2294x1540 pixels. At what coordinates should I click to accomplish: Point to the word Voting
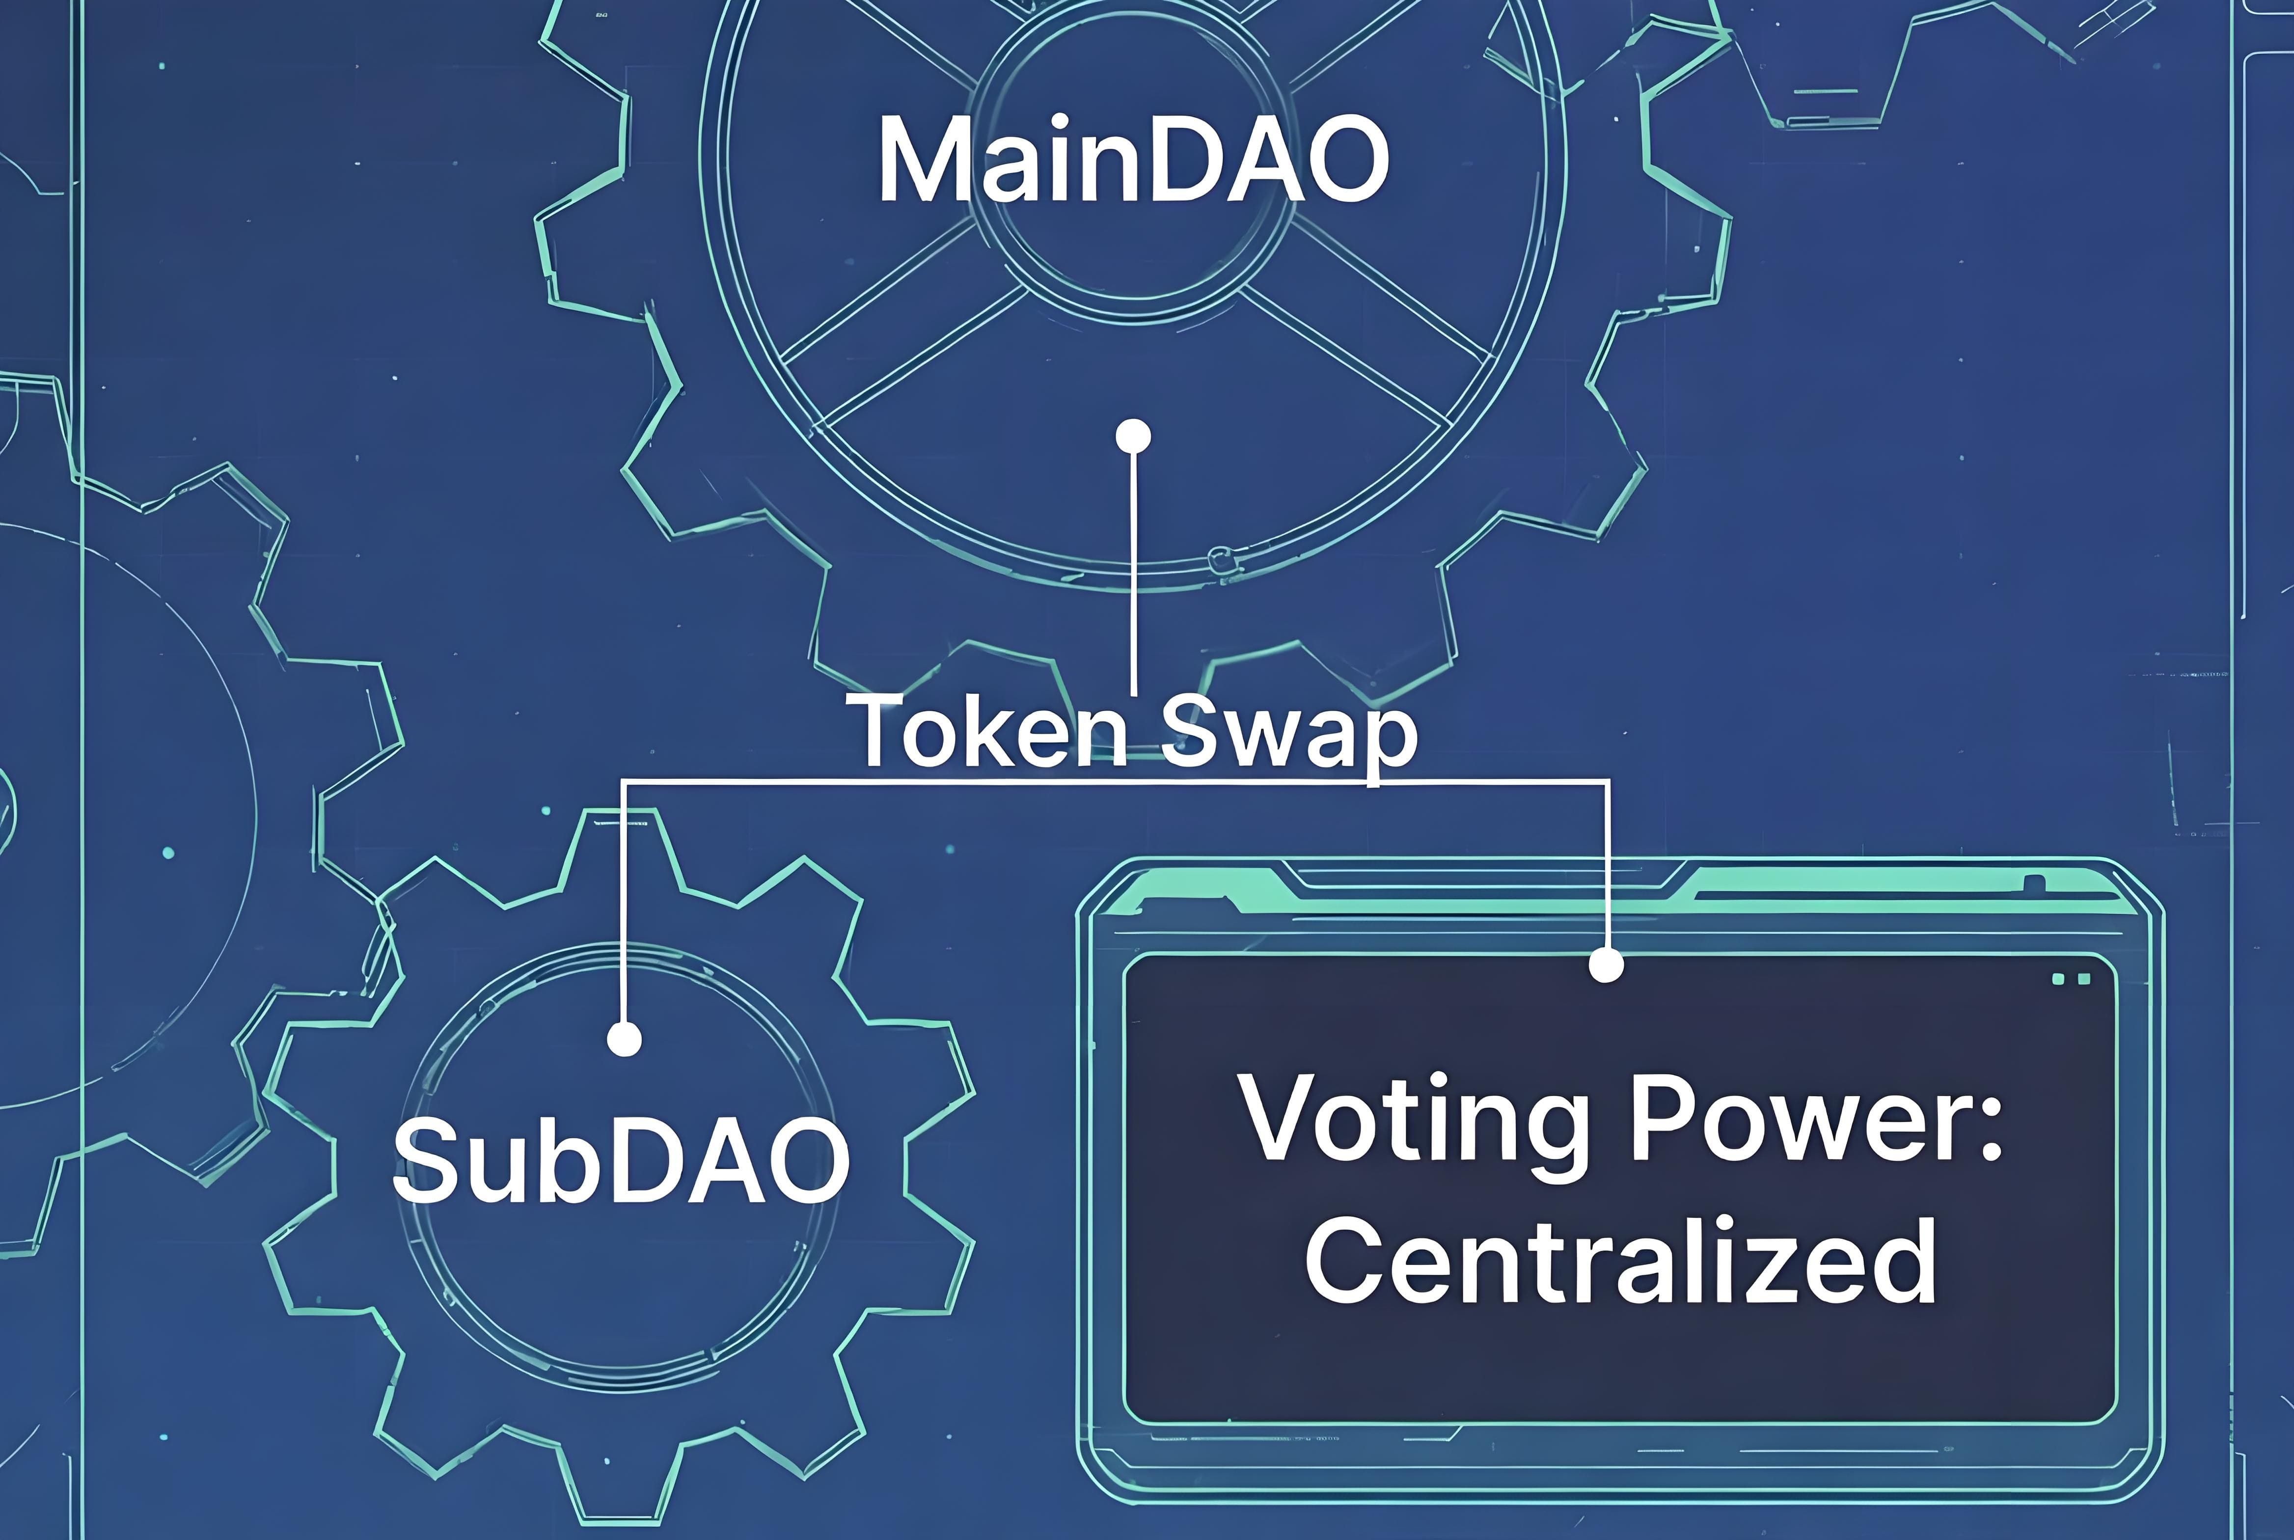[x=1414, y=1120]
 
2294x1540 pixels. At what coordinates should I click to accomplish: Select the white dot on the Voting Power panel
[x=1606, y=964]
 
